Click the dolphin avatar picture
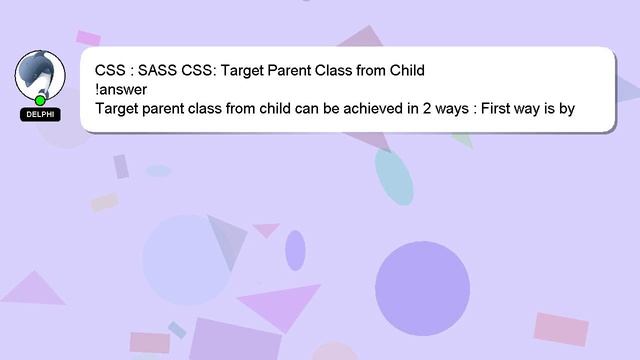tap(40, 74)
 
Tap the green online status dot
tap(40, 100)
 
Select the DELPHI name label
tap(40, 115)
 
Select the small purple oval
tap(295, 250)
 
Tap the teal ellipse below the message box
tap(394, 177)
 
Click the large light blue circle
tap(187, 259)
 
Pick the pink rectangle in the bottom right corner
tap(561, 329)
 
